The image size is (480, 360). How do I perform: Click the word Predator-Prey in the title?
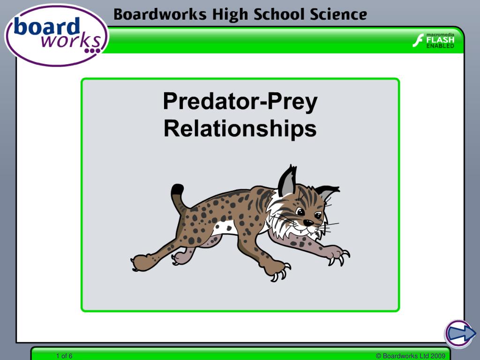[240, 101]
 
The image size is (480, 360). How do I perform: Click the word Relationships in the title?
[240, 129]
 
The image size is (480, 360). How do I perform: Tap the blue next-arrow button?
[458, 333]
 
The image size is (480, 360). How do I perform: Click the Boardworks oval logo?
[56, 35]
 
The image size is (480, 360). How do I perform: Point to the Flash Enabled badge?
[434, 41]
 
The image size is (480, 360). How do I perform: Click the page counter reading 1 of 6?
[64, 356]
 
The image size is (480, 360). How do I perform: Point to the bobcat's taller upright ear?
[287, 182]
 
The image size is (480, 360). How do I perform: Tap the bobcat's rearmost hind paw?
[139, 262]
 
